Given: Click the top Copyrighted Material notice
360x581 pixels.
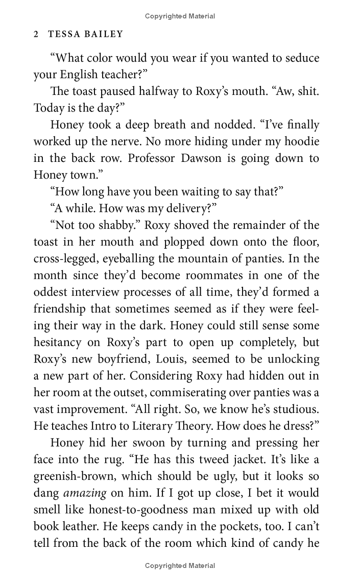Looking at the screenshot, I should click(x=180, y=16).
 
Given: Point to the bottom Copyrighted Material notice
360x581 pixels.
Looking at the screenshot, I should click(x=180, y=565).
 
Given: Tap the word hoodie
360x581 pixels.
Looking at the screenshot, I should click(x=302, y=141).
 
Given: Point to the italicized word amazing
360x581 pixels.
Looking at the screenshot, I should click(x=85, y=493).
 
